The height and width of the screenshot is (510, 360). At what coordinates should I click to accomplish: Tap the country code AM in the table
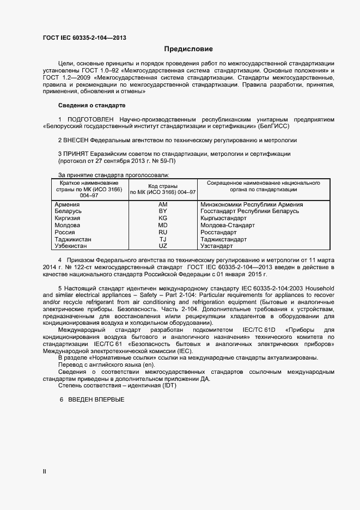162,204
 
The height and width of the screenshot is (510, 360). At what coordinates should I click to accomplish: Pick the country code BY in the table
162,211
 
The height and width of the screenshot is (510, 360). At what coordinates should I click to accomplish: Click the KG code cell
162,218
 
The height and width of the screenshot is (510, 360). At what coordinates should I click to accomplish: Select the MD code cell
162,225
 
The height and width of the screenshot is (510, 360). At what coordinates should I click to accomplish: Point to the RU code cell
162,232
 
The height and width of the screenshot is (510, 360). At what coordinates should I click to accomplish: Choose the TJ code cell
162,239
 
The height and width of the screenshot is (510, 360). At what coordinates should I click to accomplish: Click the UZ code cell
162,246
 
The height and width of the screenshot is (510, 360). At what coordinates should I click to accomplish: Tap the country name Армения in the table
68,204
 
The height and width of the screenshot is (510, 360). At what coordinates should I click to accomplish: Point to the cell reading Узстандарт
218,246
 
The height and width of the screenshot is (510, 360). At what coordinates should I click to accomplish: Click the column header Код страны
162,186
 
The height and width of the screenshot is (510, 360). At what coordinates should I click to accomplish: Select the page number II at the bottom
45,472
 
